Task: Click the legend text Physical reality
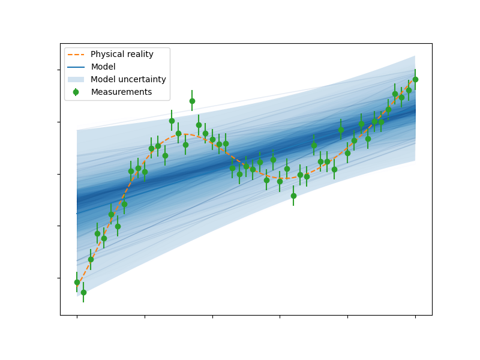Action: (x=122, y=54)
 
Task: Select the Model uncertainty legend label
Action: (x=128, y=79)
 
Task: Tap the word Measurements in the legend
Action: (x=122, y=92)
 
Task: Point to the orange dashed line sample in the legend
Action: (x=76, y=55)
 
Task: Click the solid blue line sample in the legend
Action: (x=76, y=67)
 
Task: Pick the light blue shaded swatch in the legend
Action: (x=76, y=80)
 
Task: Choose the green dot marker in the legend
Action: (x=76, y=92)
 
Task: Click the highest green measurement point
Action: (x=192, y=101)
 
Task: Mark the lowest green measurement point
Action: (x=83, y=292)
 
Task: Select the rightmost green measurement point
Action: (x=415, y=80)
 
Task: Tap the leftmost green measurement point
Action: (x=77, y=282)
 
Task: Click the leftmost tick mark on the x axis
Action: (x=77, y=317)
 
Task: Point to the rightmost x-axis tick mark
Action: (x=415, y=317)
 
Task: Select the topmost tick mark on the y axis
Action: (x=59, y=70)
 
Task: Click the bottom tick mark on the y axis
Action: (x=59, y=278)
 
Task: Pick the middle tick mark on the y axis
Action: (x=59, y=174)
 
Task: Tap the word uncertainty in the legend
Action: (x=142, y=79)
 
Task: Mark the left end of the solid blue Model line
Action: (x=77, y=214)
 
